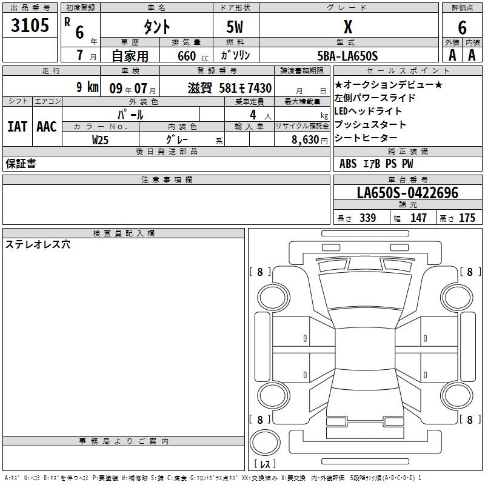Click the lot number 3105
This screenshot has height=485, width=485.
tap(30, 25)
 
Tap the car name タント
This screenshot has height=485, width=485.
tap(156, 27)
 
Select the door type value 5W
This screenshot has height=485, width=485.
tap(235, 27)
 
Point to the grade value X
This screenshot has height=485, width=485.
tap(348, 27)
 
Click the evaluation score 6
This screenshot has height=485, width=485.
tap(462, 28)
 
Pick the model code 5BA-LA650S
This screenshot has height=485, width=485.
tap(347, 56)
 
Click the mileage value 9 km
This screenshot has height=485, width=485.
tap(87, 87)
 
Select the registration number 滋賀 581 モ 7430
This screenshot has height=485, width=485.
tap(230, 88)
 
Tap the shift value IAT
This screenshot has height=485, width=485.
tap(18, 127)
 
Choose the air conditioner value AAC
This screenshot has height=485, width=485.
tap(47, 127)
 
